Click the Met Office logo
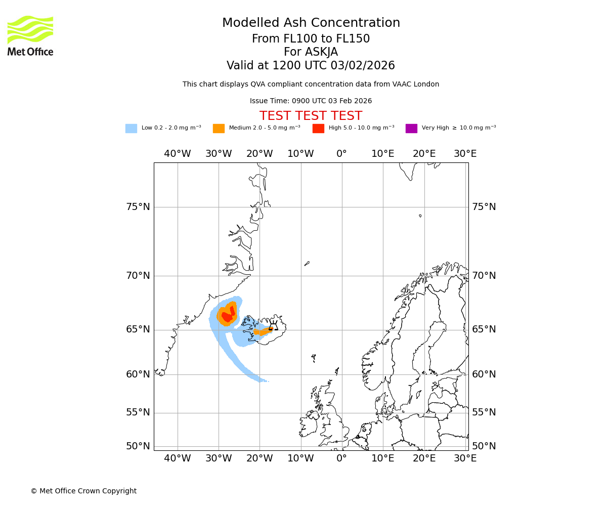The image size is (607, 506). point(30,35)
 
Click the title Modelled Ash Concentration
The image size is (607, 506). point(311,23)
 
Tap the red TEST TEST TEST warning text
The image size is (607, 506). point(311,116)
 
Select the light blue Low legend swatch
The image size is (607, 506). point(131,129)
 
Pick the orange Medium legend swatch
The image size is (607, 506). point(219,129)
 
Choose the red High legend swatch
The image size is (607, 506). point(318,129)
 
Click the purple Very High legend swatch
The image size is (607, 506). point(411,129)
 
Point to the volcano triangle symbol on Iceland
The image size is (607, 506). point(273,326)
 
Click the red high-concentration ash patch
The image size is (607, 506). point(227,316)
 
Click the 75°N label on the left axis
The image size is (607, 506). point(138,207)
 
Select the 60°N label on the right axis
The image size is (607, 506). point(484,374)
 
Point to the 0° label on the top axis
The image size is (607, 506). point(342,154)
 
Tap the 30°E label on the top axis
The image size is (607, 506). point(465,154)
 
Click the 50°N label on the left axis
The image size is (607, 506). point(138,446)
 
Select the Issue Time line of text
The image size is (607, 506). point(311,101)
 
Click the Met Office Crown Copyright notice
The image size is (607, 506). point(83,491)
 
